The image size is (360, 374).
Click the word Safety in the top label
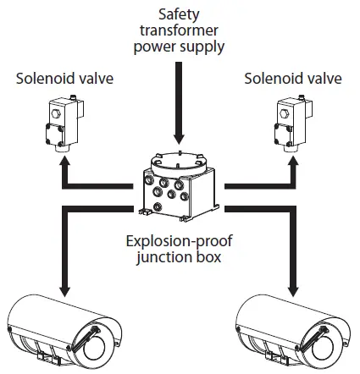[179, 14]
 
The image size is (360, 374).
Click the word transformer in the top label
[179, 30]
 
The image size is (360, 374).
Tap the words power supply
[179, 46]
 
